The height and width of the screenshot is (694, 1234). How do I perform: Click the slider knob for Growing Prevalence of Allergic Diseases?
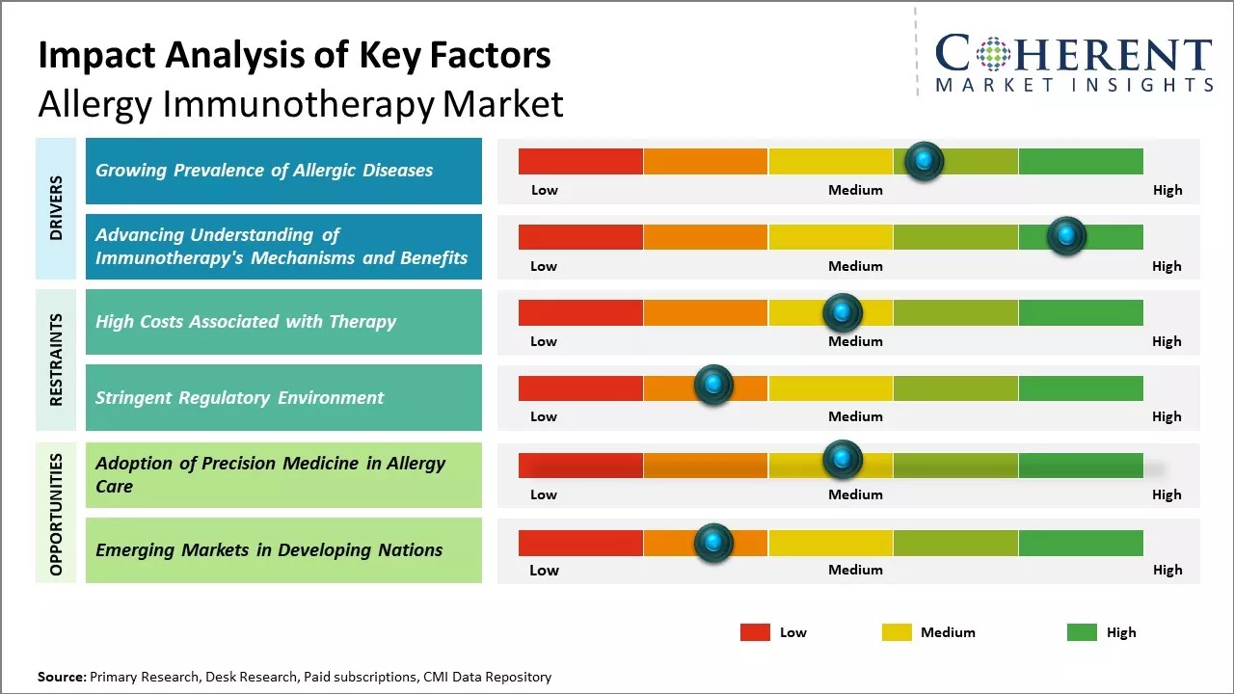click(x=925, y=161)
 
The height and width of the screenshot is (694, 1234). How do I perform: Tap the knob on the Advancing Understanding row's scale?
click(x=1066, y=235)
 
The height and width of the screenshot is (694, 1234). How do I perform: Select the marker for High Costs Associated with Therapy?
click(x=843, y=312)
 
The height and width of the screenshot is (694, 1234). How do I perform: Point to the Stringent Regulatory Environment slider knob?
click(x=713, y=386)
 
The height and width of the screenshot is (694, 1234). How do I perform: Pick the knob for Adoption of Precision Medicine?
click(x=843, y=460)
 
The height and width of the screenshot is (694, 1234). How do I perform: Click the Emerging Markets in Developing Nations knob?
click(x=713, y=543)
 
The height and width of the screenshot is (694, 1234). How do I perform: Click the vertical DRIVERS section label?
click(x=56, y=207)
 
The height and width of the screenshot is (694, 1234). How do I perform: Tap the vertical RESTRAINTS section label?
click(x=56, y=360)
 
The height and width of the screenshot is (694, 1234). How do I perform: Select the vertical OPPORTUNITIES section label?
click(x=56, y=514)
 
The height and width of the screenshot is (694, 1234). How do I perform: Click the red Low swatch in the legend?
click(x=755, y=632)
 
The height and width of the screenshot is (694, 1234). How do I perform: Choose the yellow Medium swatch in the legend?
click(x=897, y=632)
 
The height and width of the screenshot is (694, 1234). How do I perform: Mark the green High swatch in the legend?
click(x=1082, y=632)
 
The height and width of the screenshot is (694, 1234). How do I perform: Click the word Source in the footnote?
click(x=61, y=677)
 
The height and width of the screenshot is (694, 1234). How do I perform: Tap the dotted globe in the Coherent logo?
click(x=992, y=54)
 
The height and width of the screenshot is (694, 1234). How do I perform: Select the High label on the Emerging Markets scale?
click(x=1167, y=570)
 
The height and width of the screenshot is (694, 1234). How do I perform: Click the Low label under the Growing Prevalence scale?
click(x=545, y=190)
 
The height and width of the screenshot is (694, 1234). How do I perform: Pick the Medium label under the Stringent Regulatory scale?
click(x=855, y=416)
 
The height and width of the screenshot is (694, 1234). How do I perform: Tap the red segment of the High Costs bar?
click(x=580, y=312)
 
